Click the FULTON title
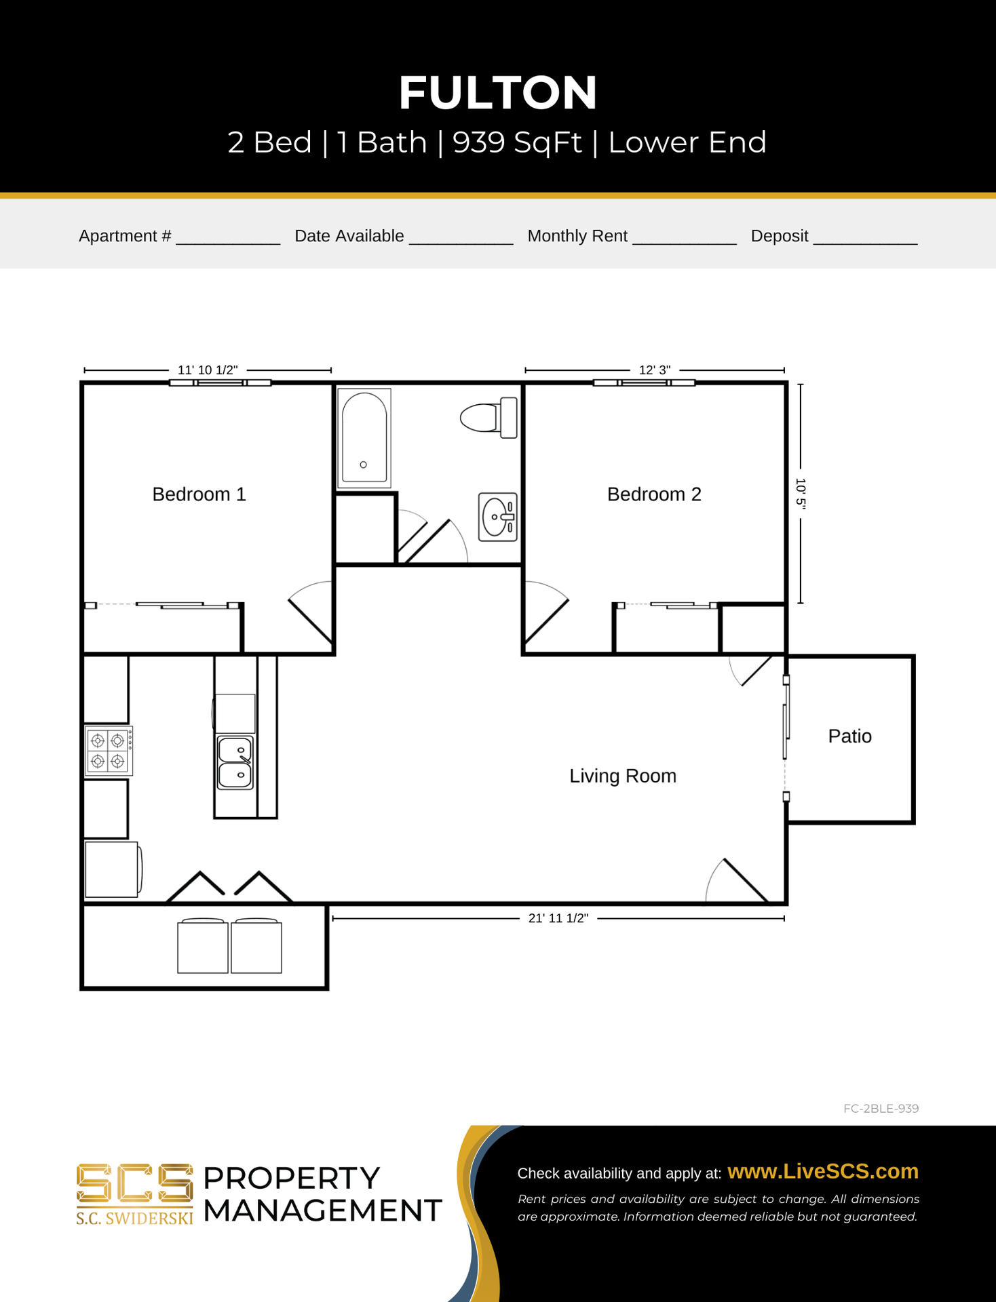click(498, 93)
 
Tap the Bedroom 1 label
click(199, 494)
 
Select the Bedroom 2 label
click(654, 494)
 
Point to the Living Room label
click(623, 776)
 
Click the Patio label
click(849, 736)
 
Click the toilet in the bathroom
click(489, 418)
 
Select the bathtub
click(364, 438)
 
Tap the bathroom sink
click(498, 517)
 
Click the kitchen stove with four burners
click(109, 751)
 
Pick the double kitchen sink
click(235, 763)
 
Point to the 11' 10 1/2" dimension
click(208, 370)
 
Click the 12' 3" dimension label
click(655, 370)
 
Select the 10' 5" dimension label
click(801, 494)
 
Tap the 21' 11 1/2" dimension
click(558, 919)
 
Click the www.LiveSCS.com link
click(823, 1171)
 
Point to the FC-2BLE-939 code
click(881, 1109)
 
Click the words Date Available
click(349, 236)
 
